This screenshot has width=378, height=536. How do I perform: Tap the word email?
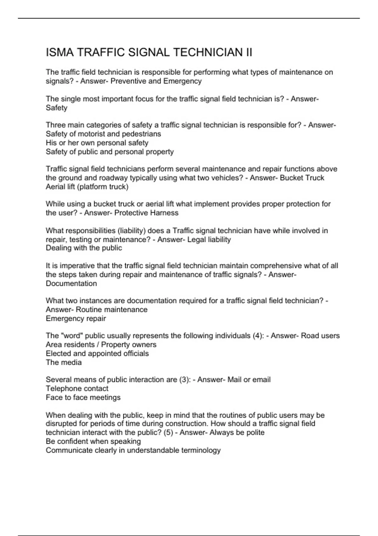click(261, 380)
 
